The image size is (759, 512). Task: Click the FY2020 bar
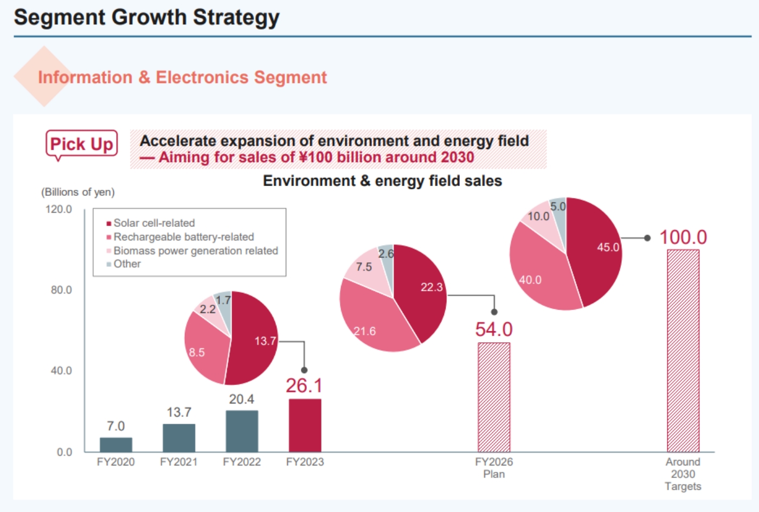click(115, 445)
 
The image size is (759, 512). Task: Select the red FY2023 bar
click(305, 425)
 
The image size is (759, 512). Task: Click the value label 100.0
click(683, 238)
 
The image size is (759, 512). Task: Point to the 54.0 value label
click(494, 329)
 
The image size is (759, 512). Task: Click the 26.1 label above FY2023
click(304, 386)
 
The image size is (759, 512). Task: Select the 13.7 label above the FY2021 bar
click(179, 412)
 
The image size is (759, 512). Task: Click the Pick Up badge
click(82, 144)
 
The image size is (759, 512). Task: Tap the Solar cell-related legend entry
click(154, 223)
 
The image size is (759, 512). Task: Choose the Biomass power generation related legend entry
click(195, 251)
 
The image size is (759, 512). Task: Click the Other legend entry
click(127, 264)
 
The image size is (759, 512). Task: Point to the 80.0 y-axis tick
click(61, 290)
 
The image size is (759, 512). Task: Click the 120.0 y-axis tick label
click(59, 209)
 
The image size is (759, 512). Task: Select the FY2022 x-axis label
click(242, 462)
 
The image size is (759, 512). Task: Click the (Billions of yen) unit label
click(78, 192)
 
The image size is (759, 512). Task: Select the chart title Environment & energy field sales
click(382, 181)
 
